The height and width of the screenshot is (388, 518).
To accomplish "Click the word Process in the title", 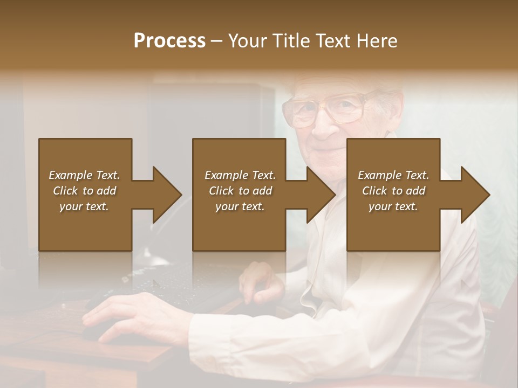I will pos(169,41).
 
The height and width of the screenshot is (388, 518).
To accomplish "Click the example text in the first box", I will pos(84,191).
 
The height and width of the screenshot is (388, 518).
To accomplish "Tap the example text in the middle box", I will pos(240,191).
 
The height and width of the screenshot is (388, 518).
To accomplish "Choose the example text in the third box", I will pos(393,191).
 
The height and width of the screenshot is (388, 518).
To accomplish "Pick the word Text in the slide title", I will pos(332,41).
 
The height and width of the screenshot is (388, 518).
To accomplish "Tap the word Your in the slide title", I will pos(248,41).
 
